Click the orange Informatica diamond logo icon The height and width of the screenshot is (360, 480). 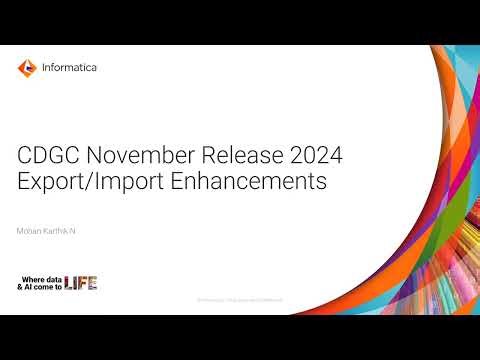click(x=27, y=68)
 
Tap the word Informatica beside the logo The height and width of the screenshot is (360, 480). click(x=70, y=68)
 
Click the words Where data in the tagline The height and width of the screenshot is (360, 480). click(x=41, y=278)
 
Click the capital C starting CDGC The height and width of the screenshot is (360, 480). click(x=26, y=156)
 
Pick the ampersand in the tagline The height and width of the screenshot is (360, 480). click(x=20, y=288)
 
